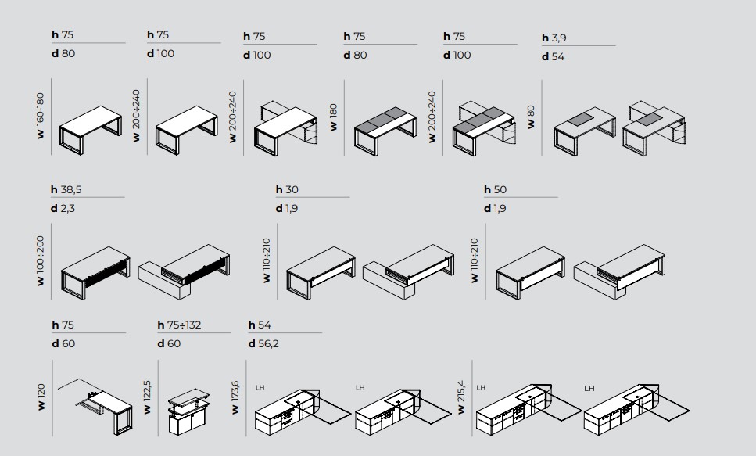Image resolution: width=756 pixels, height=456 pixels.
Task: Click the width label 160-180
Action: point(40,116)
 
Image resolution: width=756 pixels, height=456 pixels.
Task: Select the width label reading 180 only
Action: point(333,117)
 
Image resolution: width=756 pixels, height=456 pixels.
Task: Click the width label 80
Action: point(531,117)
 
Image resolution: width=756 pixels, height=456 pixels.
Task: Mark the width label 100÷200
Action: point(40,261)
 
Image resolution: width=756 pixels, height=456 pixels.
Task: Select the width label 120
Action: point(41,397)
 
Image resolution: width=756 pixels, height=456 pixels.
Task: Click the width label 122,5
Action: point(147,397)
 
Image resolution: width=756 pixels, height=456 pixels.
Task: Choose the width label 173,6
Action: point(235,397)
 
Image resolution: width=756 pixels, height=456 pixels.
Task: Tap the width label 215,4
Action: point(461,397)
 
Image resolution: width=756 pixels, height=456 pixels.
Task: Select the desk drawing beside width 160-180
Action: point(90,130)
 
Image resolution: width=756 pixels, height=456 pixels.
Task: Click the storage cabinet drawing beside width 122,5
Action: point(188,411)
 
